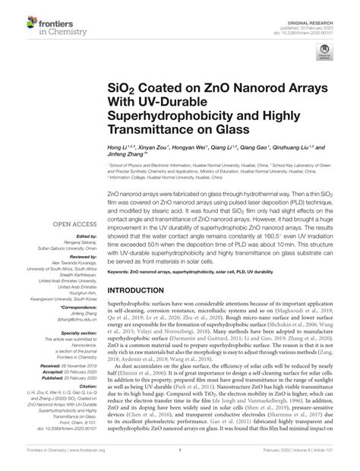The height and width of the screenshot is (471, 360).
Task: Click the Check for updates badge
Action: pos(324,53)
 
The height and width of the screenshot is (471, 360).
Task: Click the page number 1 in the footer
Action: pos(179,461)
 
